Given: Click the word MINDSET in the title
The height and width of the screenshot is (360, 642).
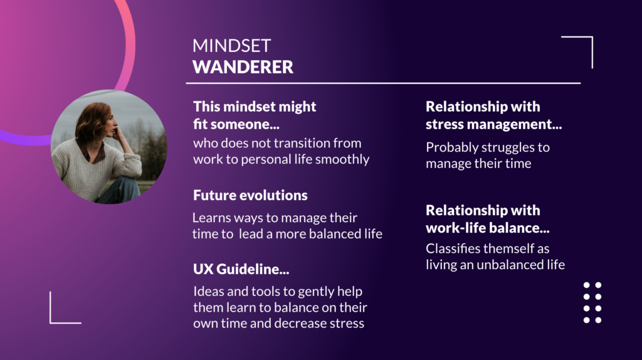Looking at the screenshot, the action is [x=232, y=46].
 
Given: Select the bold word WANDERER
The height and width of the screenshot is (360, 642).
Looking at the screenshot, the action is [x=243, y=67].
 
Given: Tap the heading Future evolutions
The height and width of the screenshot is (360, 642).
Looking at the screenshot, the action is [x=250, y=195].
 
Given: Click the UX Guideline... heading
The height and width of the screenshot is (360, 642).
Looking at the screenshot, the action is [x=241, y=269].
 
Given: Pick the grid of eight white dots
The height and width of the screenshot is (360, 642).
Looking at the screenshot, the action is [x=592, y=302].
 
